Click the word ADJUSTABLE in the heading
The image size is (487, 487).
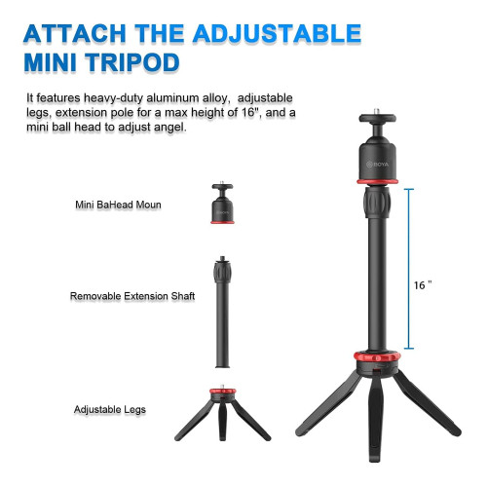277,33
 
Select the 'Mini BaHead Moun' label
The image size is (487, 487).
118,205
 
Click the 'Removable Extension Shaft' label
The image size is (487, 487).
132,296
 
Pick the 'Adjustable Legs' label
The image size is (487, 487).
110,409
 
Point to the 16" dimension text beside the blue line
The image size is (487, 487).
423,285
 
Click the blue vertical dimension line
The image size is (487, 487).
409,269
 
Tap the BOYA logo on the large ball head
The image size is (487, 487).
377,165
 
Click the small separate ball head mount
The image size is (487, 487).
222,204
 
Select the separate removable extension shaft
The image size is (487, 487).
222,312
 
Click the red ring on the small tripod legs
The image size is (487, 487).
223,391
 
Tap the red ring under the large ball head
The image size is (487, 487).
378,181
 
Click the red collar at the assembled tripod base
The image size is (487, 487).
377,356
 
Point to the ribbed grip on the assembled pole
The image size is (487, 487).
377,202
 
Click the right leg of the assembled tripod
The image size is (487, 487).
427,403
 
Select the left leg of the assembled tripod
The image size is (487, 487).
328,404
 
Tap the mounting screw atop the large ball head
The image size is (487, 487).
377,111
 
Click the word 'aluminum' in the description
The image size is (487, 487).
172,97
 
